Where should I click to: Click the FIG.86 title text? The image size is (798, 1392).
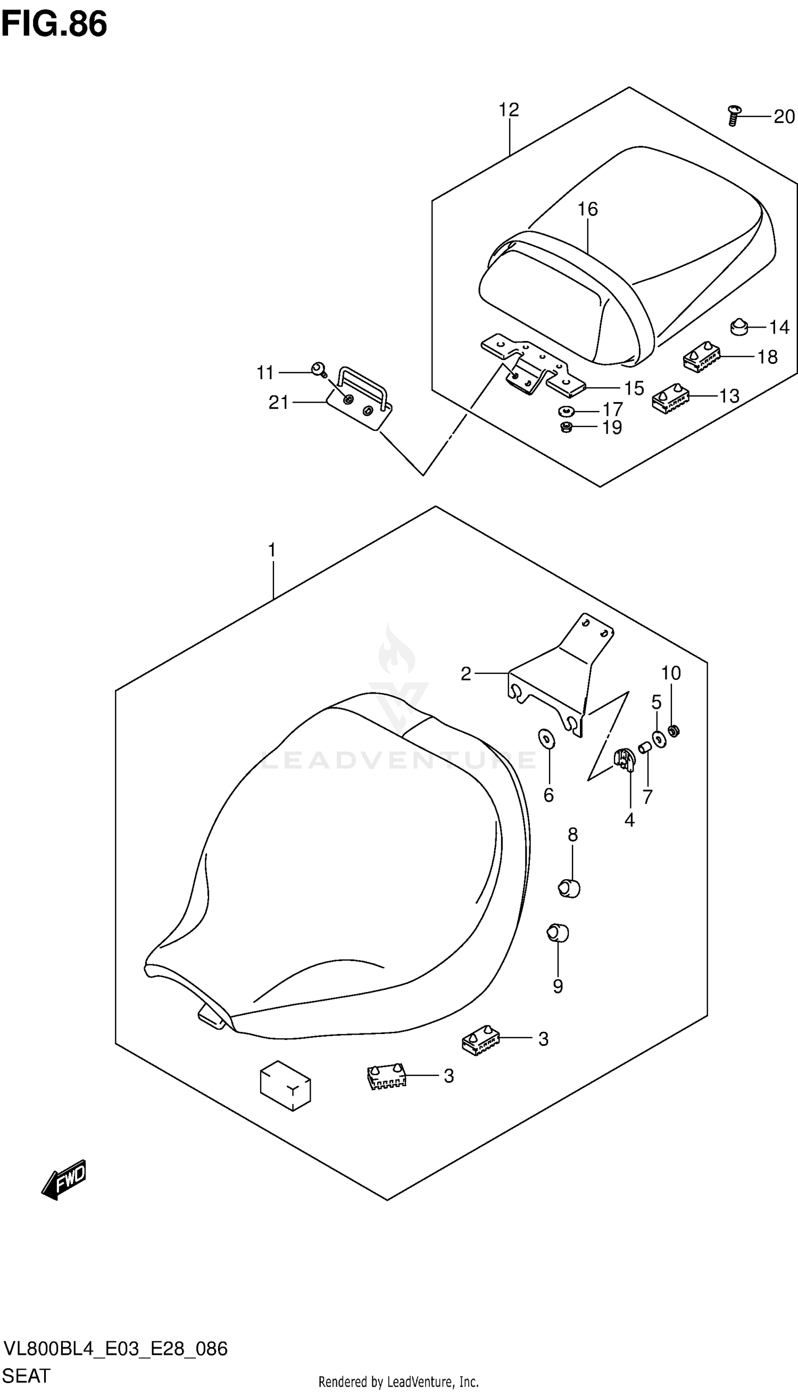coord(54,24)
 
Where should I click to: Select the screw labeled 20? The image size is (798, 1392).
coord(733,116)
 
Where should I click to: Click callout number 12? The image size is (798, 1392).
coord(509,110)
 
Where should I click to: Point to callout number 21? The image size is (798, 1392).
coord(278,403)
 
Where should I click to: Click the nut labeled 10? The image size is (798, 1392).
coord(675,731)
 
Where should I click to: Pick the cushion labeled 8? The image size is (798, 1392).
coord(569,887)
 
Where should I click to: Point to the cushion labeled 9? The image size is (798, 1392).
coord(558,933)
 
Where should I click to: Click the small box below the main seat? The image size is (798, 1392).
coord(285,1085)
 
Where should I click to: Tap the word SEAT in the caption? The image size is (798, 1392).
coord(26,1375)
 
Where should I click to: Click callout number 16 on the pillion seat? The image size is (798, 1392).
coord(587,209)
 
